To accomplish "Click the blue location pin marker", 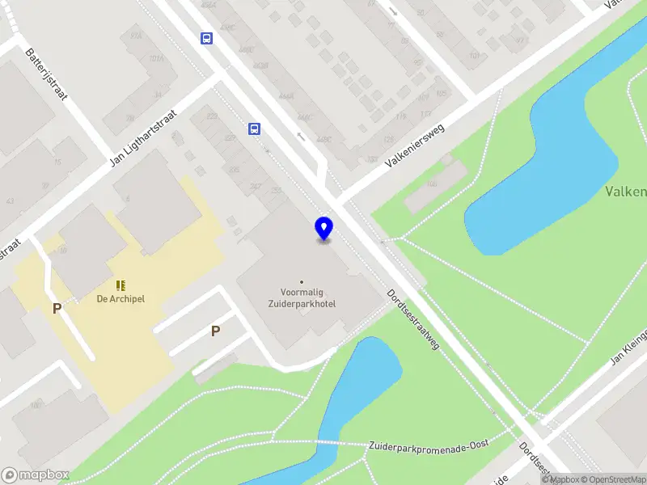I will [323, 229].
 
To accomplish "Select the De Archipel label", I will [120, 298].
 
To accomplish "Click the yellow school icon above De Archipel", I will [121, 285].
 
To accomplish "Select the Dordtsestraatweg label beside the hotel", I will [412, 320].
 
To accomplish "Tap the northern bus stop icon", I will [207, 38].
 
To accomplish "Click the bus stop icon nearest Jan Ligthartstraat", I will [254, 129].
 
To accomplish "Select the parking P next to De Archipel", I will [57, 308].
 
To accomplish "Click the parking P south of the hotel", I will [215, 331].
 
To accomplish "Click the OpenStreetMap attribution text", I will [613, 479].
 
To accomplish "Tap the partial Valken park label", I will [626, 192].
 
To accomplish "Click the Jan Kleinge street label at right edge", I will [629, 347].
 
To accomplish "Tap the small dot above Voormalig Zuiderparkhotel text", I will [302, 282].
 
